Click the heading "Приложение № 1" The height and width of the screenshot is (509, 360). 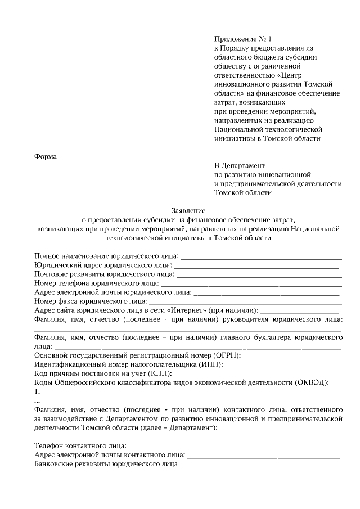pos(242,39)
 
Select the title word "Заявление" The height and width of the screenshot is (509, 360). pos(188,210)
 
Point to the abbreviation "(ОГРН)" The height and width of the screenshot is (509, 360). pos(227,356)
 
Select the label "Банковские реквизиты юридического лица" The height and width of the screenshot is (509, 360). pos(106,465)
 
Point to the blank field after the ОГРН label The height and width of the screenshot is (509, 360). pos(292,356)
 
